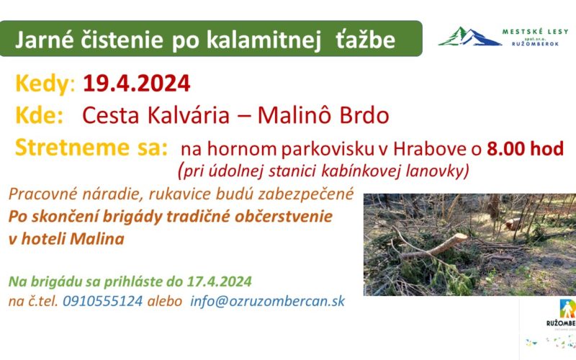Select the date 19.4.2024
[x=137, y=84]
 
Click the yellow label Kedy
[x=42, y=84]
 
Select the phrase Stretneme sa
[x=91, y=148]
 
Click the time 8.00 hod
[x=526, y=148]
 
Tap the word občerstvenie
[x=283, y=217]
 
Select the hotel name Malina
[x=97, y=239]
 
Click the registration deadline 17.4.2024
[x=220, y=282]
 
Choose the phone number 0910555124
[x=102, y=301]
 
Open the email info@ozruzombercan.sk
[x=267, y=301]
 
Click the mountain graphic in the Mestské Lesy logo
[x=470, y=37]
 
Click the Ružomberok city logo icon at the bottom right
[x=567, y=309]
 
